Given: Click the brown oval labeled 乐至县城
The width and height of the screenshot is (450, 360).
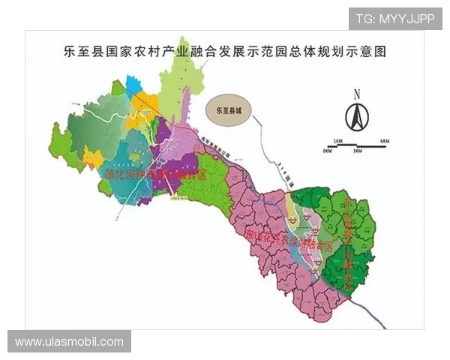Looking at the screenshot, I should point(229,109).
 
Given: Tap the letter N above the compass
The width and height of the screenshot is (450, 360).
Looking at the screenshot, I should point(358,94).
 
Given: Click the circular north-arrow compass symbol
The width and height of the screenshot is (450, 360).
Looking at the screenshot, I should point(357,116).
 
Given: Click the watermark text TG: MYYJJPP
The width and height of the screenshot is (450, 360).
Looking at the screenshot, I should point(395,19).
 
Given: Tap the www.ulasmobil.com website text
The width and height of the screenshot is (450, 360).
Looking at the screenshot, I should point(69,342).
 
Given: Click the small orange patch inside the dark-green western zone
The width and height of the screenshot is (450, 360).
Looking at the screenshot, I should point(94,157).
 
